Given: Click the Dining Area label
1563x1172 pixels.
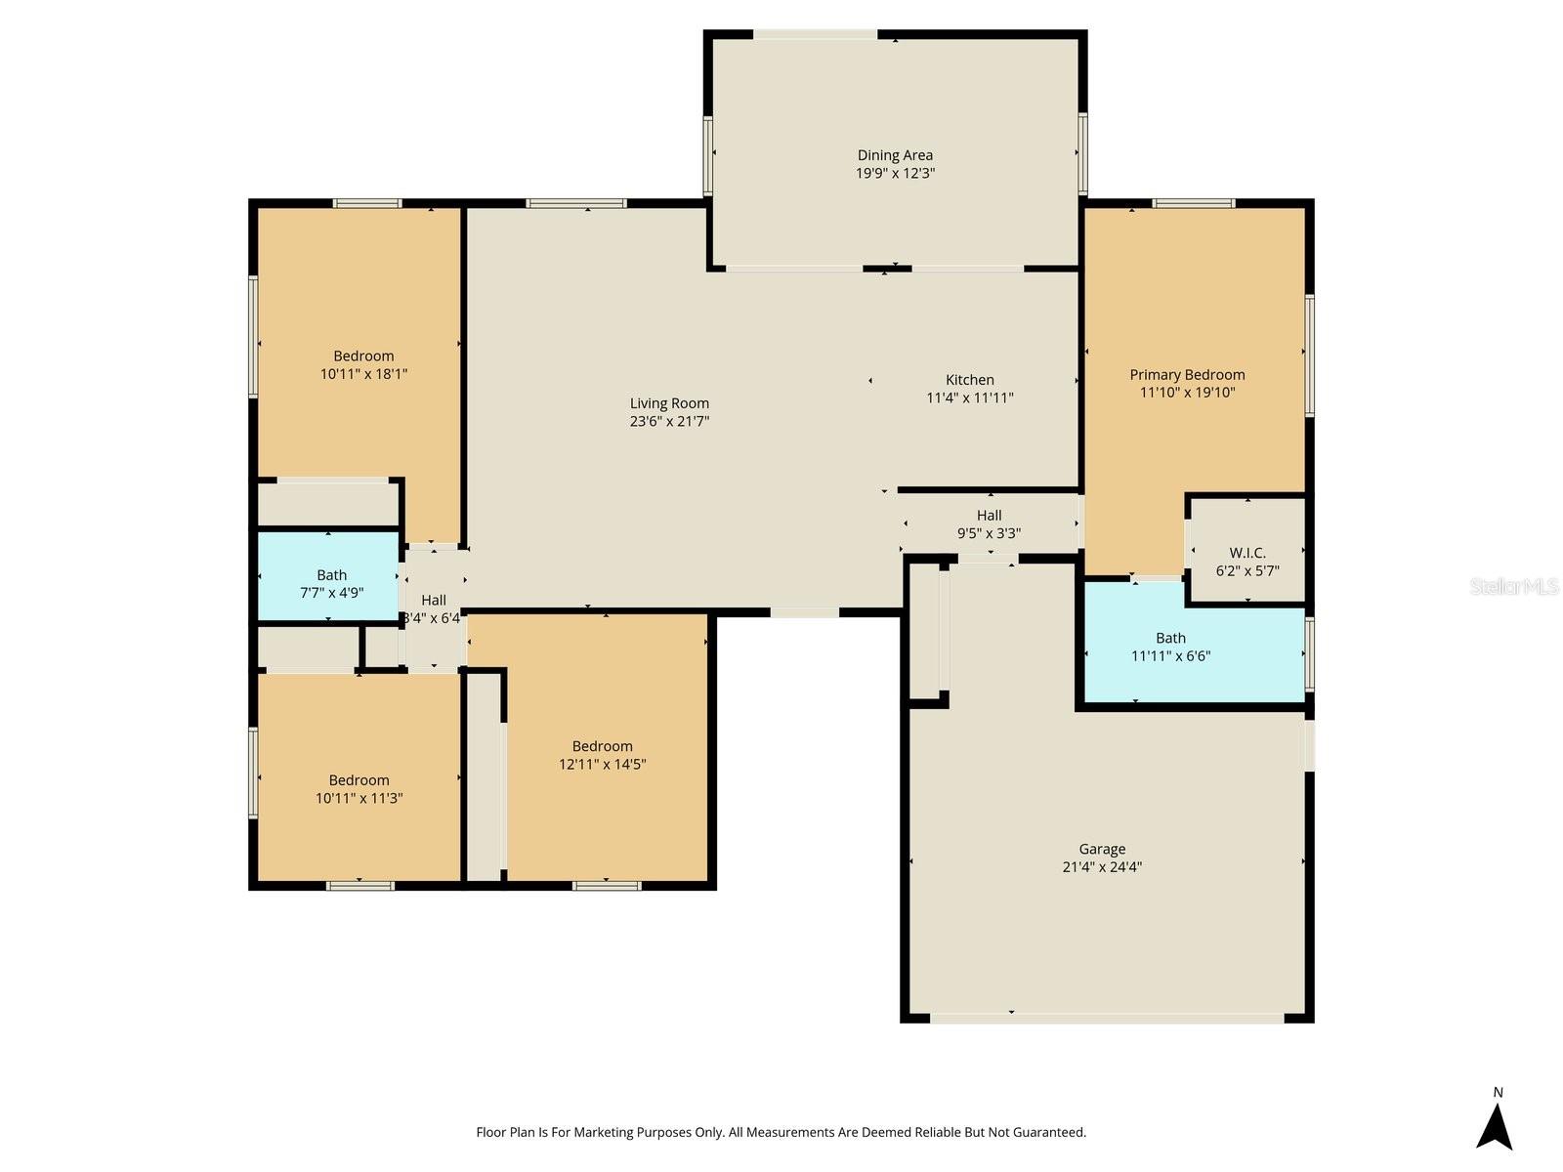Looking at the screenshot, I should pyautogui.click(x=895, y=155).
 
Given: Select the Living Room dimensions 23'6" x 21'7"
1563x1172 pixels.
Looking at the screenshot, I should pyautogui.click(x=669, y=422).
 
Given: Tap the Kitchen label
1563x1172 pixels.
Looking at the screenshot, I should pyautogui.click(x=969, y=380).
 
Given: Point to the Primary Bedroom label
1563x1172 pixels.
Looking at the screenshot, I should pyautogui.click(x=1187, y=375).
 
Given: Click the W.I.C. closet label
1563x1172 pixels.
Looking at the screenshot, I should pyautogui.click(x=1246, y=553).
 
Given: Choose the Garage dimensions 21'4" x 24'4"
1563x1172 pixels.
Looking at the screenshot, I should pyautogui.click(x=1102, y=867).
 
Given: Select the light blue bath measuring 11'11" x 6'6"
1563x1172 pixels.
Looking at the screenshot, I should pyautogui.click(x=1170, y=648).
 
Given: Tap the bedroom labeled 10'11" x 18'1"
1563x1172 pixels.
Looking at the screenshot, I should pyautogui.click(x=363, y=365).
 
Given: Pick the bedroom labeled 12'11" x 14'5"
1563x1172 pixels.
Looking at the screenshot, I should pyautogui.click(x=602, y=755).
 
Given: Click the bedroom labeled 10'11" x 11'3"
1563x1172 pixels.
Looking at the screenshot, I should pyautogui.click(x=359, y=789).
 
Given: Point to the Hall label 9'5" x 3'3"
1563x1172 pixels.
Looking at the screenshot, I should pyautogui.click(x=989, y=524).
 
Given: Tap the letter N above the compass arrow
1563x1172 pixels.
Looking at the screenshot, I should pyautogui.click(x=1498, y=1093).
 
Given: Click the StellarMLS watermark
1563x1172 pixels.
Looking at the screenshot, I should pyautogui.click(x=1514, y=586).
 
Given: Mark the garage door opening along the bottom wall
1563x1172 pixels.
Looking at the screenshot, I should pyautogui.click(x=1106, y=1018).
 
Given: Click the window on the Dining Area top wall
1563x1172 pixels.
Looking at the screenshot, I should pyautogui.click(x=815, y=35).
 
